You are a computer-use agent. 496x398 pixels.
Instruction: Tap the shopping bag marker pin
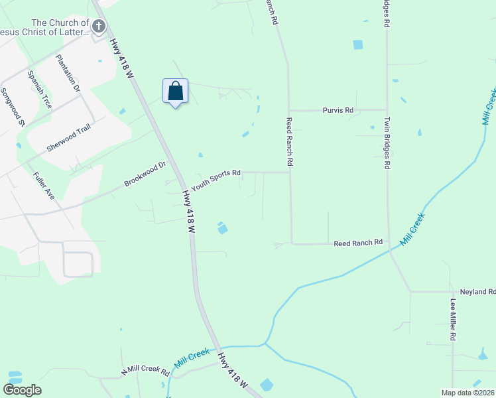[175, 92]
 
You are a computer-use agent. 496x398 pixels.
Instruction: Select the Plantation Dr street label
[68, 73]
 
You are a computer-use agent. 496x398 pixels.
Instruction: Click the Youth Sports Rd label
[216, 180]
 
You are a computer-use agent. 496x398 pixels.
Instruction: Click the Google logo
[22, 390]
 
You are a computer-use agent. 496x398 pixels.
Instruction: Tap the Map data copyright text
[468, 393]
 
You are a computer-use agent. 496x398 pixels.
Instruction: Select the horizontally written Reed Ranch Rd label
[358, 243]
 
